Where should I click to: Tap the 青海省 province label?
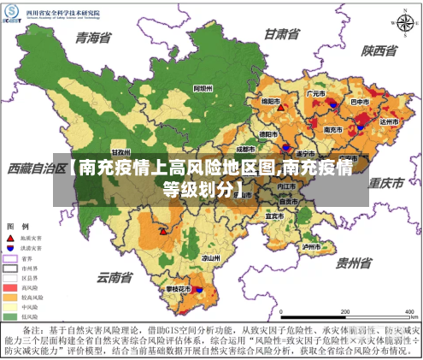point(94,38)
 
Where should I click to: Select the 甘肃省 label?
point(281,34)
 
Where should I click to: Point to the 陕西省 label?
point(379,50)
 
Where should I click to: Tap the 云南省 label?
point(115,277)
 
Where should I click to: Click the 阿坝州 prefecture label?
point(203,88)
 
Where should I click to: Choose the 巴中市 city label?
point(360,102)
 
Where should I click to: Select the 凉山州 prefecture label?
point(210,257)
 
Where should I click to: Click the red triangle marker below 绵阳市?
point(280,109)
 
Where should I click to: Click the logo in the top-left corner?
point(12,17)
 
